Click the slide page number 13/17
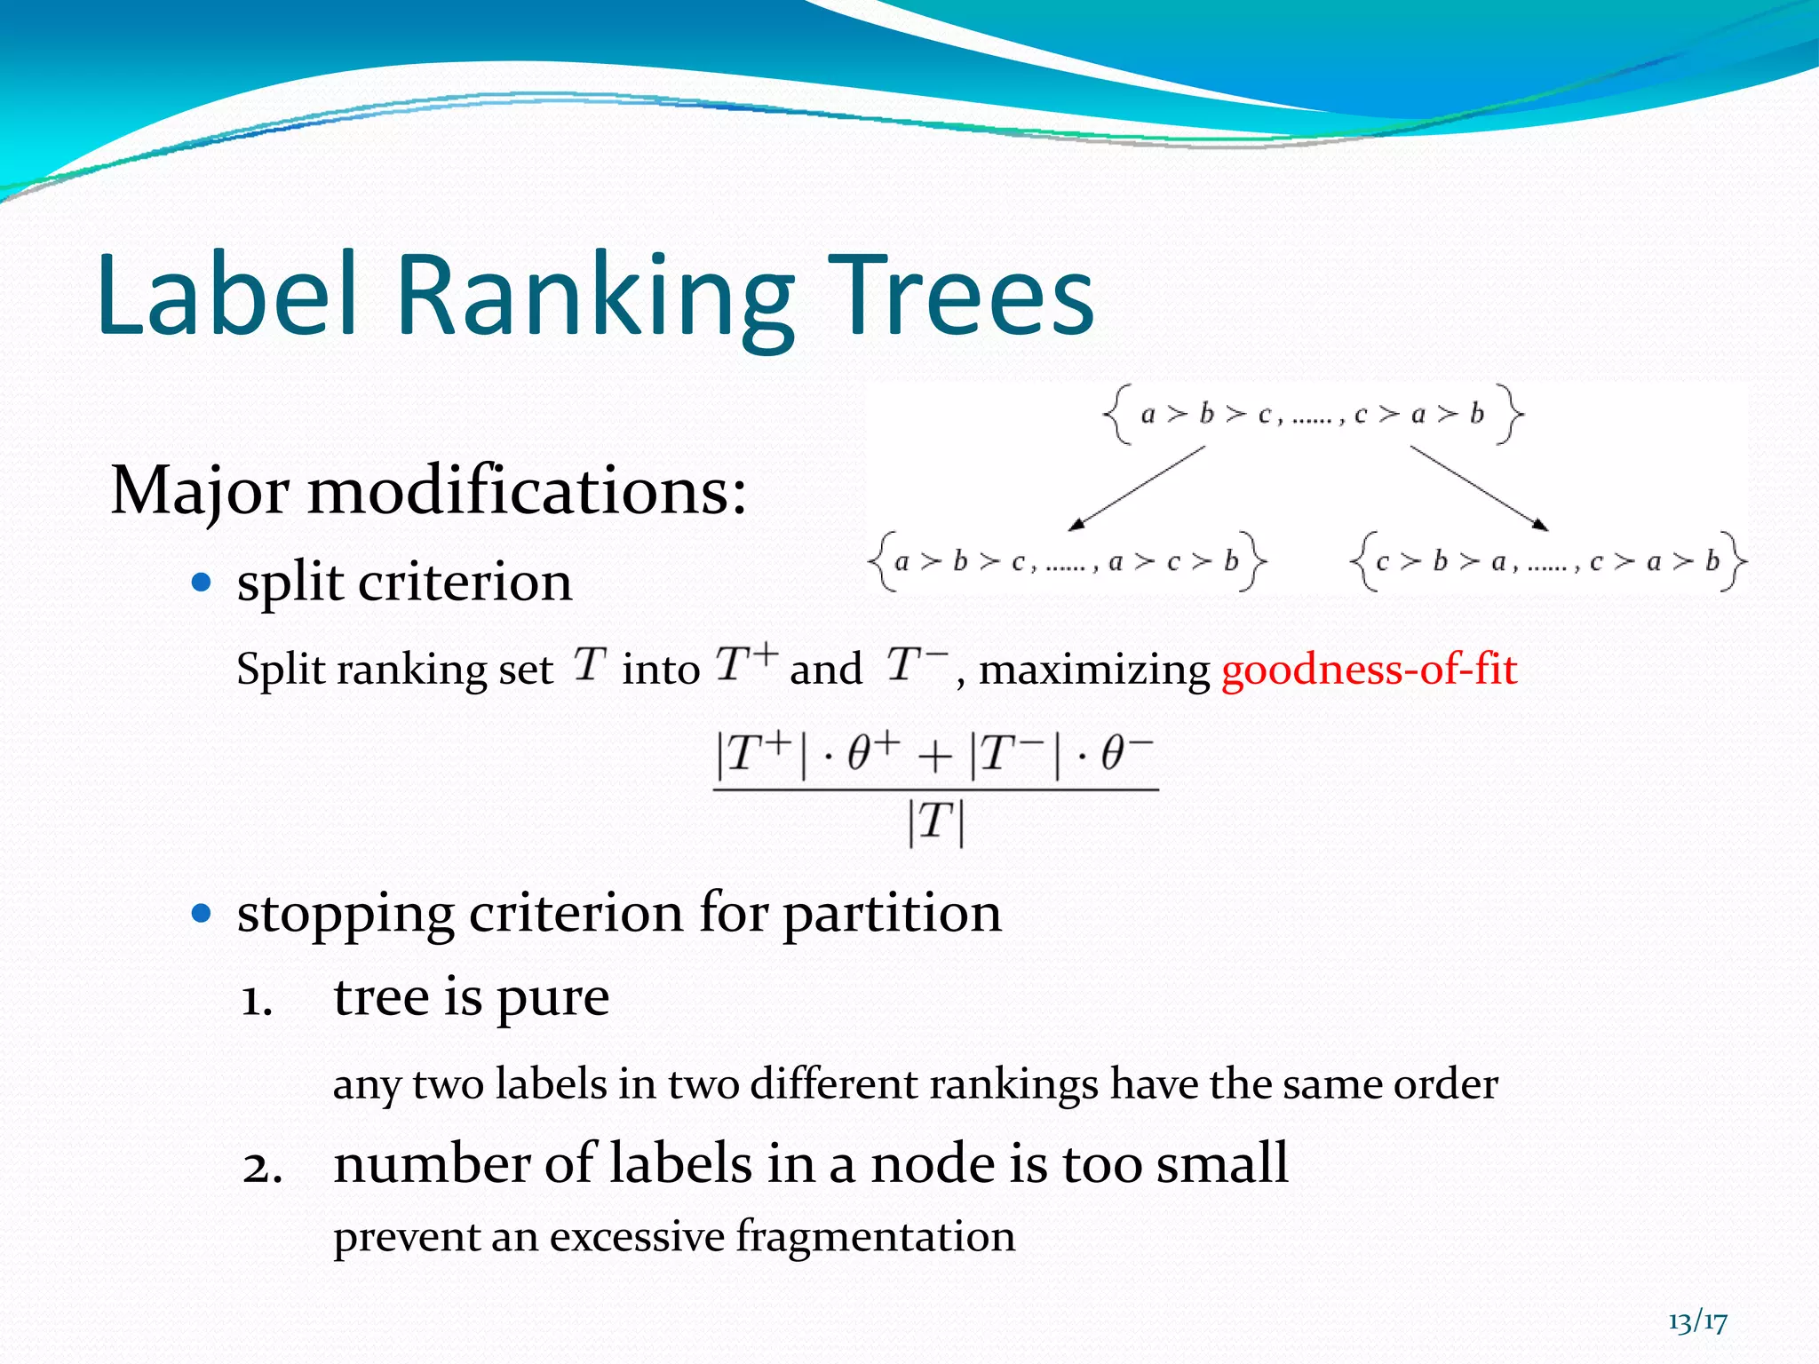click(x=1697, y=1321)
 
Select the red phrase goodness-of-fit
click(x=1369, y=669)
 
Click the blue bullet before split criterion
click(x=203, y=583)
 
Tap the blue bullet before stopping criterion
click(x=203, y=913)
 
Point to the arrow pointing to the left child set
click(x=1137, y=488)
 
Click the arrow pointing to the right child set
click(x=1479, y=488)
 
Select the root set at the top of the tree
click(x=1313, y=414)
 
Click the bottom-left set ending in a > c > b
click(x=1067, y=561)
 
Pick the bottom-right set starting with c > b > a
click(x=1547, y=561)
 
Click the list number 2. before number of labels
click(x=262, y=1168)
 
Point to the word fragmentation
click(x=875, y=1237)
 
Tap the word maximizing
click(x=1093, y=670)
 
